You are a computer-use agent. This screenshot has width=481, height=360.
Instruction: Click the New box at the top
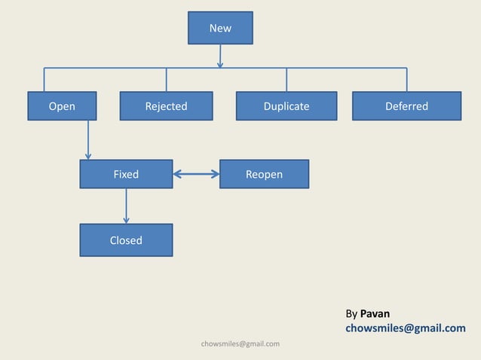click(220, 28)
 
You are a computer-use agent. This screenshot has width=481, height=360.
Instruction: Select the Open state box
click(62, 106)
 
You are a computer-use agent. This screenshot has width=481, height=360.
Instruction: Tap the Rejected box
click(166, 106)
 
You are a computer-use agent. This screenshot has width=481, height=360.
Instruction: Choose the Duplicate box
click(286, 106)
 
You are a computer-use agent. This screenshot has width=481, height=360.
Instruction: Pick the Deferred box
click(406, 106)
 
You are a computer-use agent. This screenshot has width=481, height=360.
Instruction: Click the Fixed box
click(126, 174)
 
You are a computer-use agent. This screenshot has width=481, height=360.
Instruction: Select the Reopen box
click(264, 174)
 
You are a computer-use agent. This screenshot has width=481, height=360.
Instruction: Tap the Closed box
click(126, 240)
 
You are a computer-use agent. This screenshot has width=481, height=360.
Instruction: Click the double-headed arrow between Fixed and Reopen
click(196, 175)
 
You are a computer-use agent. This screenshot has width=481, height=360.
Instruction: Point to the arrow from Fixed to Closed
click(126, 206)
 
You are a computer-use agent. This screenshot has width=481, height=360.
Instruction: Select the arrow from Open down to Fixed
click(88, 140)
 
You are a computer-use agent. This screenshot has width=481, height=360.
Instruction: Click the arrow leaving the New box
click(220, 56)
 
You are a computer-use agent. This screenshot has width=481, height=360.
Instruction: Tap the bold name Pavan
click(375, 313)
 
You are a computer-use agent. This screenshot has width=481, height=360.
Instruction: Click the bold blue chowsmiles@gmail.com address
click(405, 328)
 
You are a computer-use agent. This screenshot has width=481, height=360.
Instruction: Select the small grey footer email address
click(240, 344)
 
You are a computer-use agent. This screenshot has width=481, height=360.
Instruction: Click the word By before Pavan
click(351, 313)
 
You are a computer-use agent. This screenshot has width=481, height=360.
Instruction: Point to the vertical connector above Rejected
click(166, 80)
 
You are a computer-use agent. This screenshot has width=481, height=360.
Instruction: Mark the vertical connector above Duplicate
click(286, 80)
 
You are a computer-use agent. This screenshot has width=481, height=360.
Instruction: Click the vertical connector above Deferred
click(406, 80)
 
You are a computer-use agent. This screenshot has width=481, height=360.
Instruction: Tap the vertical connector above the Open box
click(44, 80)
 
